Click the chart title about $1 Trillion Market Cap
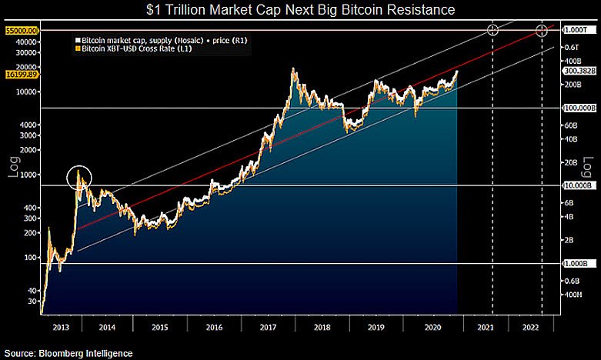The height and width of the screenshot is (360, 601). (300, 11)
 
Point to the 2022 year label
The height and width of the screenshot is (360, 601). (530, 327)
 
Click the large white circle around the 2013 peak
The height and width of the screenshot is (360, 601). (80, 178)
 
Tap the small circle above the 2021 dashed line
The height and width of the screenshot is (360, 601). (492, 30)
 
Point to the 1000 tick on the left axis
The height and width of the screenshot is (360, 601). (28, 175)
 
